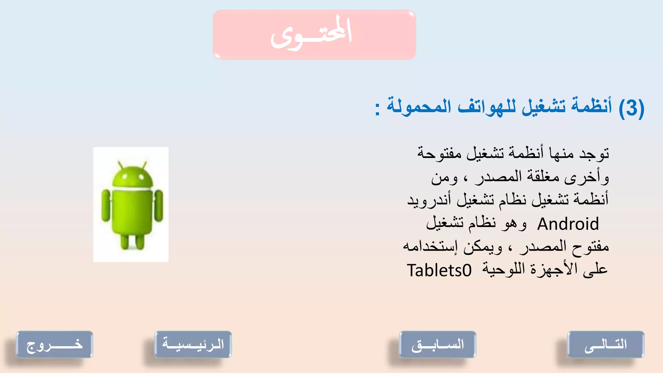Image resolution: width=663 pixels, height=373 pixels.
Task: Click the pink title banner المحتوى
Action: (314, 35)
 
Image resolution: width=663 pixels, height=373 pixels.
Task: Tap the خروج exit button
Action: (54, 344)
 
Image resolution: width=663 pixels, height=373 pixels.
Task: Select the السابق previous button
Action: (437, 344)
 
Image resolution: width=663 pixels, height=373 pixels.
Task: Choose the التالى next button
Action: (605, 344)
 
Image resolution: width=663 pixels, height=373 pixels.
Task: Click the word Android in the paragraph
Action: (568, 224)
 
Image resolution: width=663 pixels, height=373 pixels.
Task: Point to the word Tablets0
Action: (439, 270)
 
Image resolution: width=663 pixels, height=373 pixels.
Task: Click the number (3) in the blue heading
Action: (631, 108)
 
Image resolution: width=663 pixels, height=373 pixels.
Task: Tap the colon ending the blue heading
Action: (377, 108)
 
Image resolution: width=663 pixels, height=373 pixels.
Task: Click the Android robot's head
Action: (132, 176)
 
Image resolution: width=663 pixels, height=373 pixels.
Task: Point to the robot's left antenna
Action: (120, 164)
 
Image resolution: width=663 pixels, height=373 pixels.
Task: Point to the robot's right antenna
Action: (144, 164)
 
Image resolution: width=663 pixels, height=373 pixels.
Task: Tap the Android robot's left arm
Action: (106, 206)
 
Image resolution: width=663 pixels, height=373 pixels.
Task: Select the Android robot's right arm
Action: (159, 206)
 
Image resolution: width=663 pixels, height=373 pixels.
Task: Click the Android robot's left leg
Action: (125, 241)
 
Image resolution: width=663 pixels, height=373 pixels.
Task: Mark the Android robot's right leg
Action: (140, 241)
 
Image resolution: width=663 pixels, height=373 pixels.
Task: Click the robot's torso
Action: (132, 210)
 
